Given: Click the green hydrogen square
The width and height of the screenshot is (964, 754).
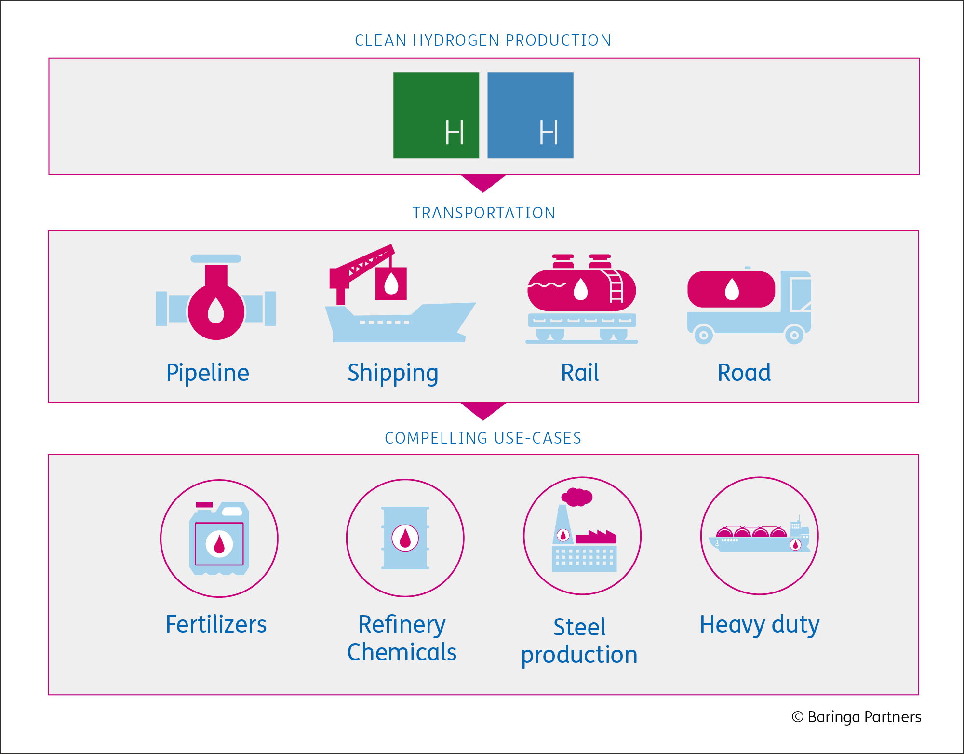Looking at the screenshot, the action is (x=436, y=115).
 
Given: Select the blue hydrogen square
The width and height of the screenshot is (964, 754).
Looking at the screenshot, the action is (x=530, y=115).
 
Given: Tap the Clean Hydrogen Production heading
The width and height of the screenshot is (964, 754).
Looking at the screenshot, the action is (x=483, y=40).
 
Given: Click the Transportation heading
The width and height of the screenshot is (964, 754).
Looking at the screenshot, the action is (x=483, y=213).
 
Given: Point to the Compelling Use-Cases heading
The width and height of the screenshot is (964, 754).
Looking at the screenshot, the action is (x=483, y=438).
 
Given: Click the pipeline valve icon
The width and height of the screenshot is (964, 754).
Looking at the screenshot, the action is (x=216, y=297).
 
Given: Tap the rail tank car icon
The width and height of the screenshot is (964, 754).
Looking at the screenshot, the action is (x=582, y=299).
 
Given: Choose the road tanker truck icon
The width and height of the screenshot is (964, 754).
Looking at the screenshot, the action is (x=749, y=305).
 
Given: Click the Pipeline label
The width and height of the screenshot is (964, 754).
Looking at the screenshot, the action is (x=208, y=373).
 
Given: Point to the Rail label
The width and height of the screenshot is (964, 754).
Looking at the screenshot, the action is (x=580, y=373).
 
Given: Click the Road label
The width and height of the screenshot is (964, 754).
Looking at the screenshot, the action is (x=744, y=373).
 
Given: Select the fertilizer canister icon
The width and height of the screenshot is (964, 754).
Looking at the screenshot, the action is (x=219, y=539).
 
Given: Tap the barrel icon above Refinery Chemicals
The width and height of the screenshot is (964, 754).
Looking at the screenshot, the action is (x=405, y=538).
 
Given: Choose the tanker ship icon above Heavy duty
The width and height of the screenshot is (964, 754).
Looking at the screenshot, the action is (x=760, y=535).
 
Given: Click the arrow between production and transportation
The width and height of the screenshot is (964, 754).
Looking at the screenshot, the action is (x=483, y=183).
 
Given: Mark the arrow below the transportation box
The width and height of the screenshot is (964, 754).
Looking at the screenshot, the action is (x=483, y=411).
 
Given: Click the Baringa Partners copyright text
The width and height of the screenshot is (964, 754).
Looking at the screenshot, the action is (x=857, y=717).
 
